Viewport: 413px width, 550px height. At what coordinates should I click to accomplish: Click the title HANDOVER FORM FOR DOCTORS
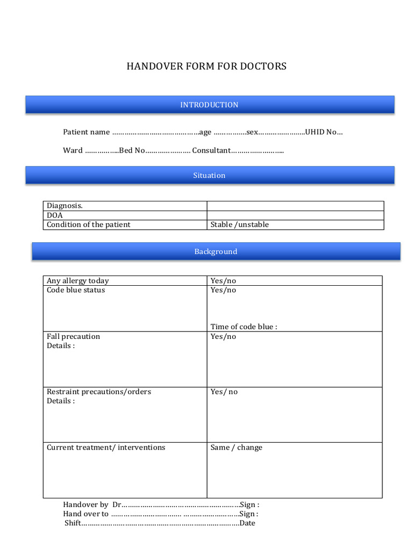(x=206, y=67)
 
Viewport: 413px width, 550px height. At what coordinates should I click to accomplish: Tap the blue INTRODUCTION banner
(x=209, y=105)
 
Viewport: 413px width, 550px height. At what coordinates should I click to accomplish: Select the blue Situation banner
(x=209, y=176)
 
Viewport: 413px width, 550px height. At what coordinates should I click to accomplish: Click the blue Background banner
(x=216, y=252)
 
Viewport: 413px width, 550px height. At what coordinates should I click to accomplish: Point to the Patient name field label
(x=86, y=132)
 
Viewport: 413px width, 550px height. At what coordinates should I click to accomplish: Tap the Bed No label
(x=132, y=150)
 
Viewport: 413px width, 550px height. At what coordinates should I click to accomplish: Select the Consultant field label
(x=211, y=150)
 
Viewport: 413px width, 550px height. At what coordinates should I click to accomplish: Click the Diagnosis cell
(x=65, y=206)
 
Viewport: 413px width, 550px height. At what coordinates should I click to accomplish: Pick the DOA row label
(x=55, y=215)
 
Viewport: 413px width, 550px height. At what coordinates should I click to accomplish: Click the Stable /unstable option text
(x=239, y=225)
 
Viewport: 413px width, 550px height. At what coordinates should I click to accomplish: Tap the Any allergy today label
(x=77, y=281)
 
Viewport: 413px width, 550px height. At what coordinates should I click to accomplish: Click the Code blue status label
(x=76, y=290)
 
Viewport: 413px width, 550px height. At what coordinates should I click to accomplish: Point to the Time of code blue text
(x=244, y=327)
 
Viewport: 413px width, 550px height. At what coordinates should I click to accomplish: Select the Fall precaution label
(x=73, y=337)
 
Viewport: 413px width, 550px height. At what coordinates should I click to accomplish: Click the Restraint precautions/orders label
(x=99, y=392)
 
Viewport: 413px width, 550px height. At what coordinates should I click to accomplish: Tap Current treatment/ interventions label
(x=106, y=447)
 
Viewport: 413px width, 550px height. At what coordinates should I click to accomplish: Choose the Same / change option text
(x=236, y=447)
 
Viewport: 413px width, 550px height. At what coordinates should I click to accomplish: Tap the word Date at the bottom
(x=247, y=523)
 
